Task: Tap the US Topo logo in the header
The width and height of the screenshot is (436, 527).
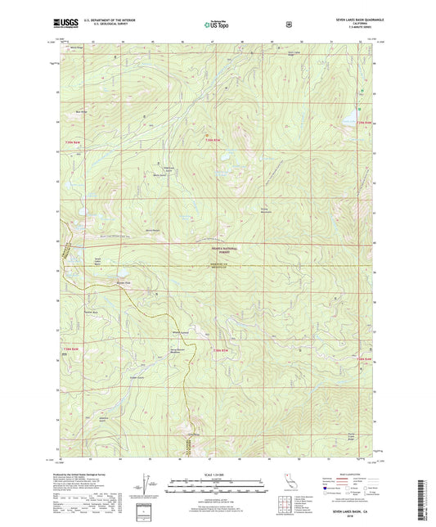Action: click(216, 25)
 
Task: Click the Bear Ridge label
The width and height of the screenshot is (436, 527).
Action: click(82, 111)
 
